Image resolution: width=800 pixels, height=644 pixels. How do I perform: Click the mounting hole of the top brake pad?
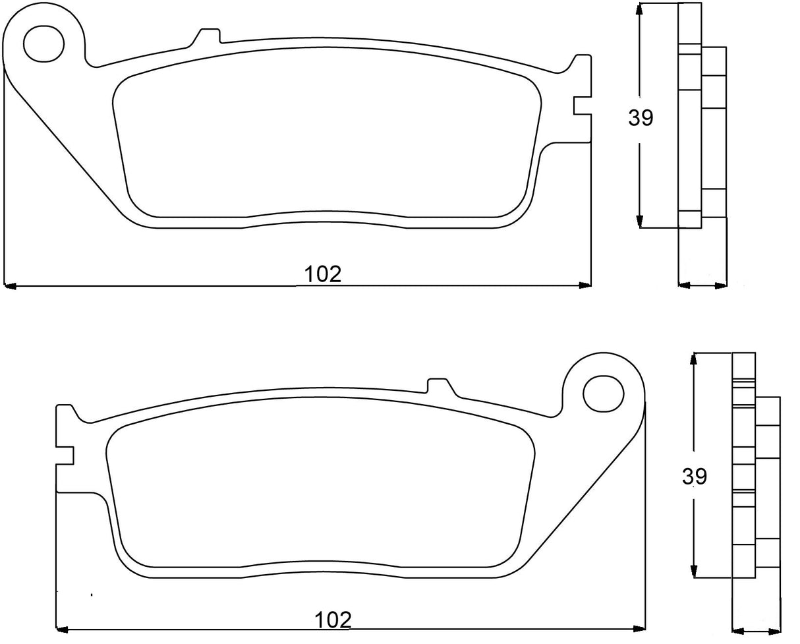pos(44,44)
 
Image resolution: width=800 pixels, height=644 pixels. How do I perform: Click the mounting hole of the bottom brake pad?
pos(604,394)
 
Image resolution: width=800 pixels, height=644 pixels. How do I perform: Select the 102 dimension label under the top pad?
pos(322,274)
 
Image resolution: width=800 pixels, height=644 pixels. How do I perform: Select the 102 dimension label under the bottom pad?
pos(332,620)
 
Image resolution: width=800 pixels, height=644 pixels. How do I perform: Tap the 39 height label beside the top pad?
pos(641,118)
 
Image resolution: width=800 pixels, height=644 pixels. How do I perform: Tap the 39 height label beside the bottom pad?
pos(695,476)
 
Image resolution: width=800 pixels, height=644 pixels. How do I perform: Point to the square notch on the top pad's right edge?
pos(581,105)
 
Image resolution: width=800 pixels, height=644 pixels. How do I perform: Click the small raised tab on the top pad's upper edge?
pos(210,34)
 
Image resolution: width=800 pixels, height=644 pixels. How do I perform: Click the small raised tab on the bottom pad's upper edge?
pos(438,384)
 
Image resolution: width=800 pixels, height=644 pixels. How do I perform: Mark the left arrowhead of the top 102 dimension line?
pos(10,285)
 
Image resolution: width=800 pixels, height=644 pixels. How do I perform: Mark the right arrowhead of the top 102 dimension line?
pos(585,285)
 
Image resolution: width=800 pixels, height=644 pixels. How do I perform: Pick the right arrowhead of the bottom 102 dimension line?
pos(639,628)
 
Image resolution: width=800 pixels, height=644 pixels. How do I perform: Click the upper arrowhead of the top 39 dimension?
pos(639,9)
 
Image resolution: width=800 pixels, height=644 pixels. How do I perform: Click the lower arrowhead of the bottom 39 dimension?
pos(693,571)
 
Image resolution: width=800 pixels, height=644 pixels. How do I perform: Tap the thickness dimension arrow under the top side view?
pos(702,285)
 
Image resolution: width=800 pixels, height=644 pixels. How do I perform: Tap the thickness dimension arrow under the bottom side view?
pos(756,629)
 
